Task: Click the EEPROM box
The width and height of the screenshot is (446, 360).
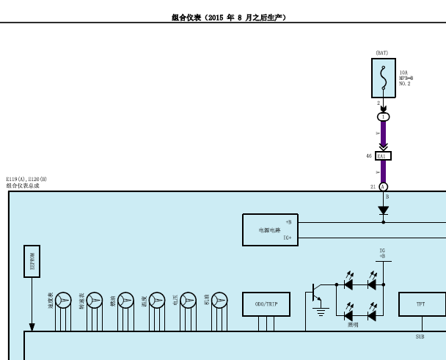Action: tap(32, 262)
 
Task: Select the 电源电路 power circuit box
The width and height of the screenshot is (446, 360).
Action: tap(270, 229)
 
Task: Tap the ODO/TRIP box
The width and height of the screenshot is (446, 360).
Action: tap(266, 304)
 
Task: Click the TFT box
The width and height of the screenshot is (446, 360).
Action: tap(421, 304)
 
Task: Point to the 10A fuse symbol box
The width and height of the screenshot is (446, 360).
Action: tap(383, 78)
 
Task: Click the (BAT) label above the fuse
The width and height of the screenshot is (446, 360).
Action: tap(382, 53)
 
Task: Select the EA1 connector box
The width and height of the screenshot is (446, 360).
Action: tap(383, 156)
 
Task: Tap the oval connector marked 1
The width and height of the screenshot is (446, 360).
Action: tap(383, 117)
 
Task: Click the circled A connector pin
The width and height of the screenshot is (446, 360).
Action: tap(383, 187)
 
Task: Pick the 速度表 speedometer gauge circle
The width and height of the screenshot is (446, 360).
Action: tap(64, 300)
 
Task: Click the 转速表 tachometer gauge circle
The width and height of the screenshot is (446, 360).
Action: tap(95, 300)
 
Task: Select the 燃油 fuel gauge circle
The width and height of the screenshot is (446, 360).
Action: tap(126, 300)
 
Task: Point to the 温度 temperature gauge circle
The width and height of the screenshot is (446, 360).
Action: tap(157, 300)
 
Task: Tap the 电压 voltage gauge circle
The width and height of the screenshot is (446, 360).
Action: tap(189, 300)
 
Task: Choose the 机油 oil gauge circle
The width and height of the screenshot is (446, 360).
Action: tap(219, 300)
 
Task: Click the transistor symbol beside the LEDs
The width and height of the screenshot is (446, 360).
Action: tap(316, 293)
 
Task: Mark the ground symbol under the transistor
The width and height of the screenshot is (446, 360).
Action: tap(321, 312)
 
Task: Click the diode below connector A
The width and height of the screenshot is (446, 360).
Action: tap(383, 210)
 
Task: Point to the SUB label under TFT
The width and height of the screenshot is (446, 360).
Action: tap(420, 337)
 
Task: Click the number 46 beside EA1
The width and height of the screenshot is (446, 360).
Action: tap(369, 156)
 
